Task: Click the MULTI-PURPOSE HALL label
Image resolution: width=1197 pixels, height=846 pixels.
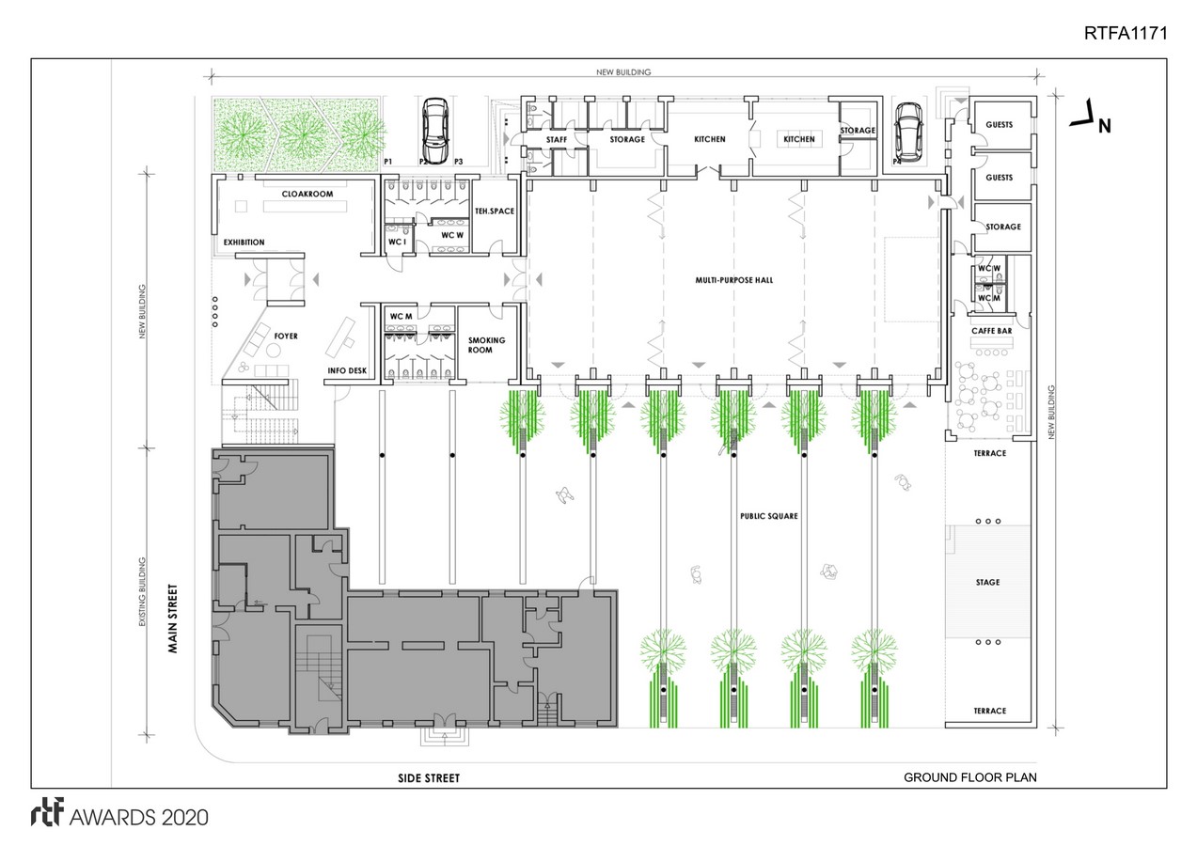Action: [x=733, y=280]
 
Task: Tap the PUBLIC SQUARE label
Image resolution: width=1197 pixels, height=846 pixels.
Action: [x=768, y=516]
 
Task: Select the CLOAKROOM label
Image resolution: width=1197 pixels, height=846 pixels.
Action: [x=307, y=194]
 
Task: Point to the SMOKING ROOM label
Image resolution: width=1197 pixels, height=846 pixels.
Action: [x=486, y=345]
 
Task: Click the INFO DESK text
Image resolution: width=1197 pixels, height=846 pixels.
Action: [x=347, y=370]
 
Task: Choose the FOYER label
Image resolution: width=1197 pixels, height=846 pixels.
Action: [x=286, y=336]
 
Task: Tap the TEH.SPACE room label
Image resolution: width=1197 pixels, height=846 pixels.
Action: [x=495, y=211]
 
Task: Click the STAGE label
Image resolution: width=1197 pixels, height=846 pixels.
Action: [x=987, y=582]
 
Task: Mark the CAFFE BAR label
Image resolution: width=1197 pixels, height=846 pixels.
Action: [x=992, y=331]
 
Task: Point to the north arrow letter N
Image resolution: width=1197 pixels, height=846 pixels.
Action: [x=1105, y=126]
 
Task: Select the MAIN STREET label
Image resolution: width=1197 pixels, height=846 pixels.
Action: [x=173, y=619]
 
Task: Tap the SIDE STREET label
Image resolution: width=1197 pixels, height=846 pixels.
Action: [x=429, y=778]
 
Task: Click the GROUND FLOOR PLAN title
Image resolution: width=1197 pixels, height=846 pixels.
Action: [x=969, y=777]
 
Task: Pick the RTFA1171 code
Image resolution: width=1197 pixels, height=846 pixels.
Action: [x=1126, y=33]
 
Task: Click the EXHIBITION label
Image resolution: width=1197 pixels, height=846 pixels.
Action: [x=244, y=242]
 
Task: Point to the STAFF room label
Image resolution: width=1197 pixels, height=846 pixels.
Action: [x=557, y=139]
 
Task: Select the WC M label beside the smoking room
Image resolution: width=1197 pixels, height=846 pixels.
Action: [x=401, y=316]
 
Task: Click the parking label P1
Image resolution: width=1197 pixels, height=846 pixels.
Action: [x=388, y=162]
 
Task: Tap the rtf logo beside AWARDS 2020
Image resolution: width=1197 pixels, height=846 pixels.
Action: [x=47, y=812]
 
